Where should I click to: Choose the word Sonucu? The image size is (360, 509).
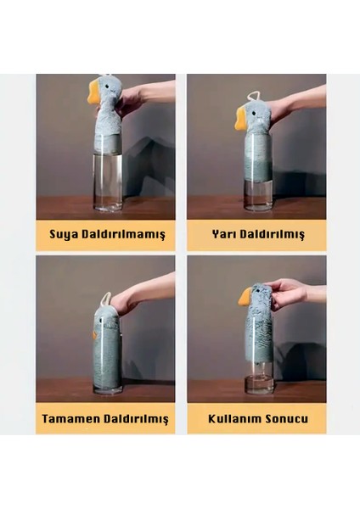tap(287, 419)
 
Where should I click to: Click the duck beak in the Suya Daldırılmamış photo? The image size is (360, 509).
tap(93, 92)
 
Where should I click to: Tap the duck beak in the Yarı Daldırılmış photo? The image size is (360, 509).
tap(241, 119)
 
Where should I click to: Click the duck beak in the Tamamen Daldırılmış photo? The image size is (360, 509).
tap(94, 335)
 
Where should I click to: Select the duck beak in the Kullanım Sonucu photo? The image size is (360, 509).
tap(245, 297)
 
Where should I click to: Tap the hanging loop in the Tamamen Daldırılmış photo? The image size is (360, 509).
tap(105, 299)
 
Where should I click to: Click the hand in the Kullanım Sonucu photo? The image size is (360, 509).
tap(287, 294)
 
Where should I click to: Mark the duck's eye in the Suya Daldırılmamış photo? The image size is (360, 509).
tap(109, 87)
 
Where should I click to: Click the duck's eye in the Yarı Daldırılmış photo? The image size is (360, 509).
tap(257, 113)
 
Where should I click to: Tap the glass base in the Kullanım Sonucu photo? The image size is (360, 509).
tap(259, 385)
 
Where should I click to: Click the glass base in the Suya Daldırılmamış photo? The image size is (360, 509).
tap(108, 207)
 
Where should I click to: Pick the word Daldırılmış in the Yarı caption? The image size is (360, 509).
tap(273, 234)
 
